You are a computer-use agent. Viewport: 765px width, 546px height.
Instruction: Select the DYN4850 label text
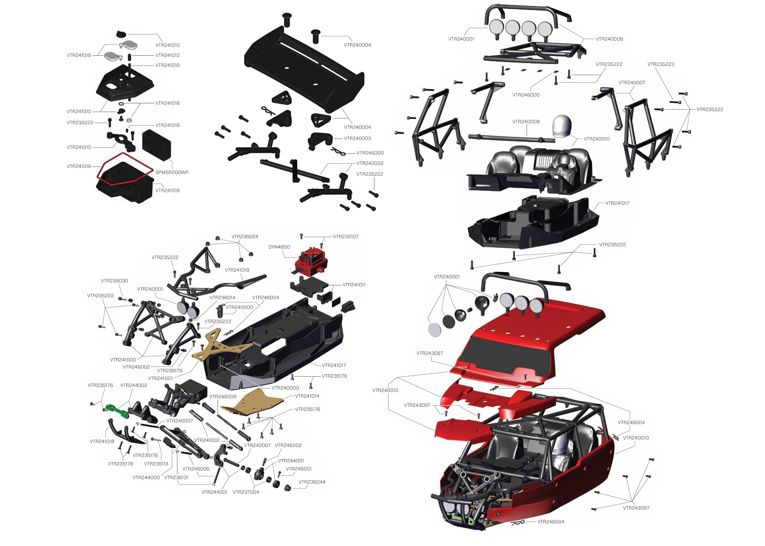[279, 247]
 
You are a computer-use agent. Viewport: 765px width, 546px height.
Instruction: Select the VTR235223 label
[661, 64]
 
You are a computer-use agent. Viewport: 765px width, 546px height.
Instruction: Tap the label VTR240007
[632, 83]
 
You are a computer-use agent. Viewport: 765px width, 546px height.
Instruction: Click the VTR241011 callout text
[354, 285]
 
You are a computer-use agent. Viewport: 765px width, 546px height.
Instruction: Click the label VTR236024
[245, 237]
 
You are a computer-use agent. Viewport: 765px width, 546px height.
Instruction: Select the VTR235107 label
[346, 237]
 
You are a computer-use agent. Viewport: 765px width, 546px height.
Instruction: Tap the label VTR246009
[223, 397]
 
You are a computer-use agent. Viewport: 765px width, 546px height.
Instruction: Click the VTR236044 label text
[312, 482]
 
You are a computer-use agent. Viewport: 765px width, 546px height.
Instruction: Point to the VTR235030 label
[114, 281]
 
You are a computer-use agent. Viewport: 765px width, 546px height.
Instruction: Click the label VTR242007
[257, 446]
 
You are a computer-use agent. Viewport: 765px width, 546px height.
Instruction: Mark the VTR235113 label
[156, 464]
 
